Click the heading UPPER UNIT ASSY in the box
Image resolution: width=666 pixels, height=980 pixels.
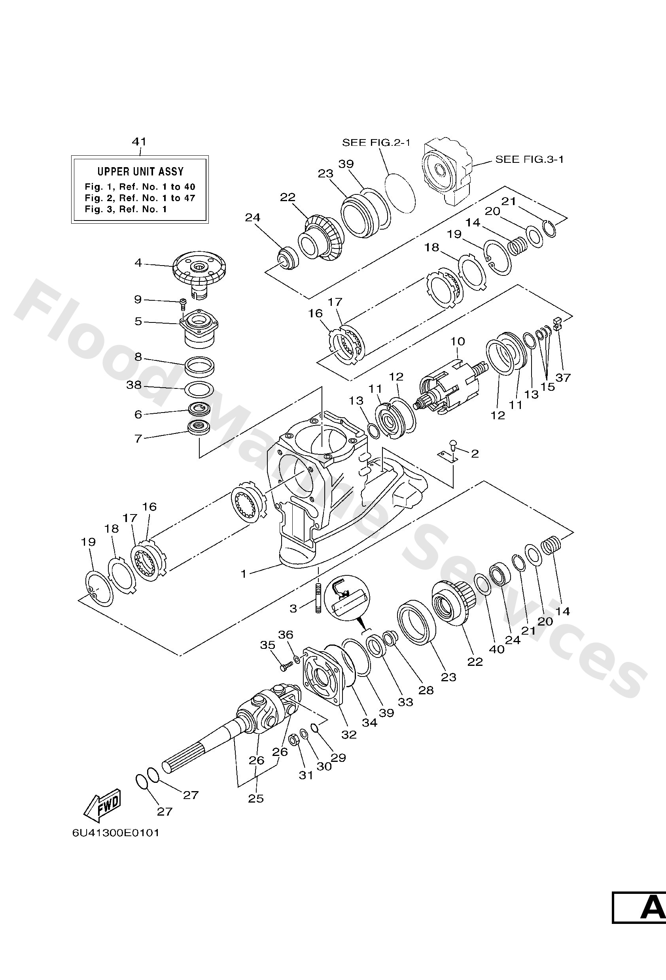[x=140, y=171]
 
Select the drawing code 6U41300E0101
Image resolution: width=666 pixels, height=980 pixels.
[x=115, y=833]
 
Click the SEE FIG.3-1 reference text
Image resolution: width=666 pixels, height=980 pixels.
[x=529, y=159]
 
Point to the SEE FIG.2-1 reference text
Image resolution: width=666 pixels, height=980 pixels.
[x=376, y=143]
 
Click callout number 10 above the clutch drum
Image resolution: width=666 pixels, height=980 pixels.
[x=458, y=341]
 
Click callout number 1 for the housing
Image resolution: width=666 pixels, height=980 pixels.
[x=244, y=573]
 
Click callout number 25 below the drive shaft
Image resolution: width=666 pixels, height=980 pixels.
[x=256, y=798]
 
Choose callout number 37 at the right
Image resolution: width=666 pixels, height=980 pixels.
[x=563, y=377]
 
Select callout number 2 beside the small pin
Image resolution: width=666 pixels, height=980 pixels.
[x=475, y=454]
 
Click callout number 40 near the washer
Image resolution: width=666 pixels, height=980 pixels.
[x=496, y=649]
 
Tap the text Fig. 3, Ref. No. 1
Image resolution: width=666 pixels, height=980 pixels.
[x=126, y=209]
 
